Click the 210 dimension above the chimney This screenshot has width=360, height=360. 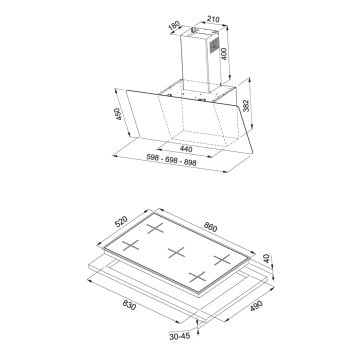coord(212,19)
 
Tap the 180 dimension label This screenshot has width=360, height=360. coord(174,27)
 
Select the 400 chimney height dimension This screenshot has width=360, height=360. coord(224,54)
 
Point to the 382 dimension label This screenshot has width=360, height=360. coord(247,105)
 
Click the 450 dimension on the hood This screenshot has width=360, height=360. coord(117,114)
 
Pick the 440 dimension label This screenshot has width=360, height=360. coord(186,149)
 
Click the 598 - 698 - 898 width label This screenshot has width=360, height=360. coord(171,160)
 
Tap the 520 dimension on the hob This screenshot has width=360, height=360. coord(121,221)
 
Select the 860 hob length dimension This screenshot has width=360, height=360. coord(210,228)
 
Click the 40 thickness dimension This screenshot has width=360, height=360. coord(267,258)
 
